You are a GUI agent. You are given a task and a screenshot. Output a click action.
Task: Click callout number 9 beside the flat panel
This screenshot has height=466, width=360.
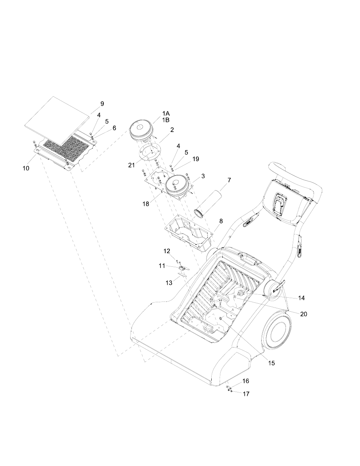tap(102, 104)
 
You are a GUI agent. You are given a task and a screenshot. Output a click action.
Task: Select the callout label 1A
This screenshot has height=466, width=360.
tap(166, 114)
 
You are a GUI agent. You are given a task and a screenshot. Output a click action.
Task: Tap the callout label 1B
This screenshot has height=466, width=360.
tap(166, 120)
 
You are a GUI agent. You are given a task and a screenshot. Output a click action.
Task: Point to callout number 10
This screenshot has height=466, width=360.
tap(26, 168)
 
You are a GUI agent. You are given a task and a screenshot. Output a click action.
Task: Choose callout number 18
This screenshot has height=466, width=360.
tap(146, 204)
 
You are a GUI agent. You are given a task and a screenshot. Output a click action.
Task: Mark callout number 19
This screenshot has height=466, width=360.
tap(195, 159)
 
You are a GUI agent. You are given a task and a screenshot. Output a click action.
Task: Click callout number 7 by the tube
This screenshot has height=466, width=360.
tap(229, 180)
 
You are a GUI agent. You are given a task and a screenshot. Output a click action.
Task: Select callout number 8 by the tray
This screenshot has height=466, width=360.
tap(221, 220)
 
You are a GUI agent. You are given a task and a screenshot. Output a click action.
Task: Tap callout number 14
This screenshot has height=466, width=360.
tap(301, 298)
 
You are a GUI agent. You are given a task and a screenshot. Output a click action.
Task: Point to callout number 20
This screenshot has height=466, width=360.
tap(303, 314)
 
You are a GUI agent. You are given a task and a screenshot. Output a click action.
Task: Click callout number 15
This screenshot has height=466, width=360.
tap(271, 363)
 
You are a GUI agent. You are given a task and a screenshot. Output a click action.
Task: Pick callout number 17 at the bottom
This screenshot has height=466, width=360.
tap(246, 394)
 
